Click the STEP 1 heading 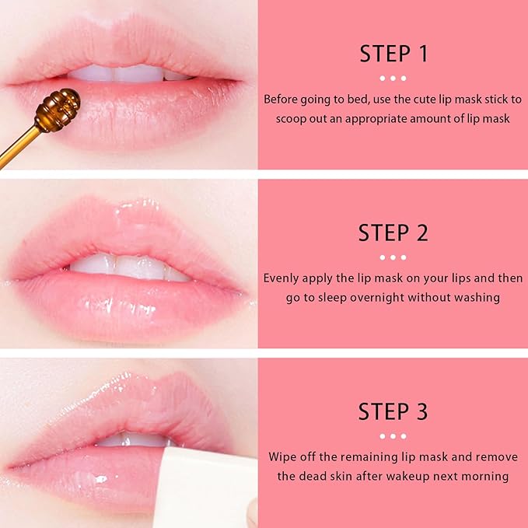tap(393, 54)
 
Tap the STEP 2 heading tap(393, 233)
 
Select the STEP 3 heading tap(393, 411)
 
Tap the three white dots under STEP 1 tap(393, 79)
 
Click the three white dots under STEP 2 tap(393, 257)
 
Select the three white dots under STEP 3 tap(393, 436)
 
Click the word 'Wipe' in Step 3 tap(283, 457)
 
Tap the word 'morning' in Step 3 tap(486, 476)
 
